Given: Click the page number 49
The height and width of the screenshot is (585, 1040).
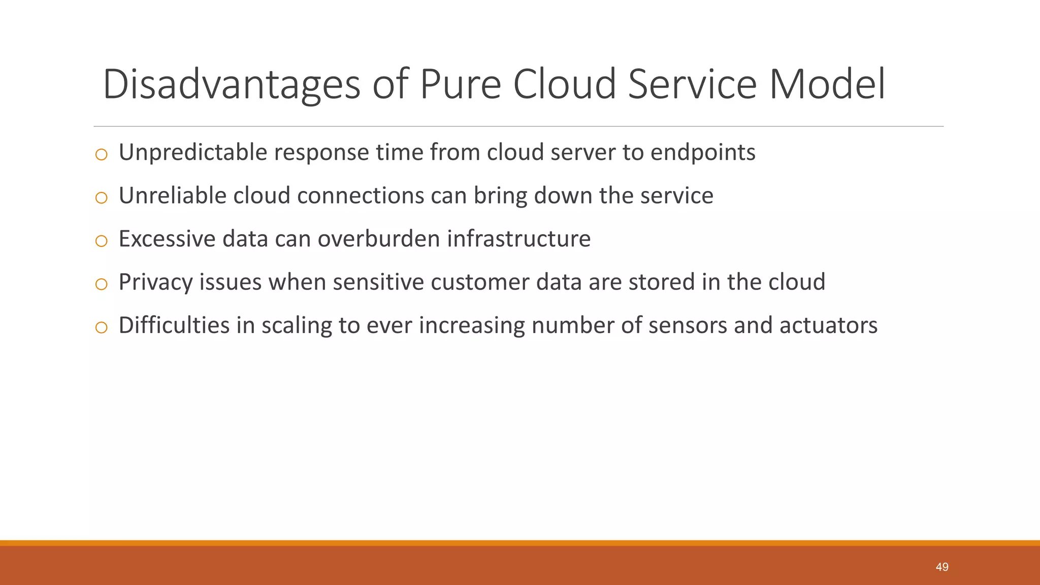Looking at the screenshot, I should point(942,567).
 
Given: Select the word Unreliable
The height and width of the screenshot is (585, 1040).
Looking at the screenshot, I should point(172,196).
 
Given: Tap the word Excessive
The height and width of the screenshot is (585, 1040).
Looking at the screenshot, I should point(167,239).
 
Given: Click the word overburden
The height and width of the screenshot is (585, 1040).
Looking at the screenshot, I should point(378,239).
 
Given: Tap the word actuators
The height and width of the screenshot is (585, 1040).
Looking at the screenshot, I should point(828,325).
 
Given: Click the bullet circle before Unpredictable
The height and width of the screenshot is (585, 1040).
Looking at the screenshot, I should point(102,154).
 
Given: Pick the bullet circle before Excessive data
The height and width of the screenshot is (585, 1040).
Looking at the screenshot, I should point(102,241).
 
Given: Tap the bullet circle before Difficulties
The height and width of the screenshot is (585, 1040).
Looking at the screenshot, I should point(102,328).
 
